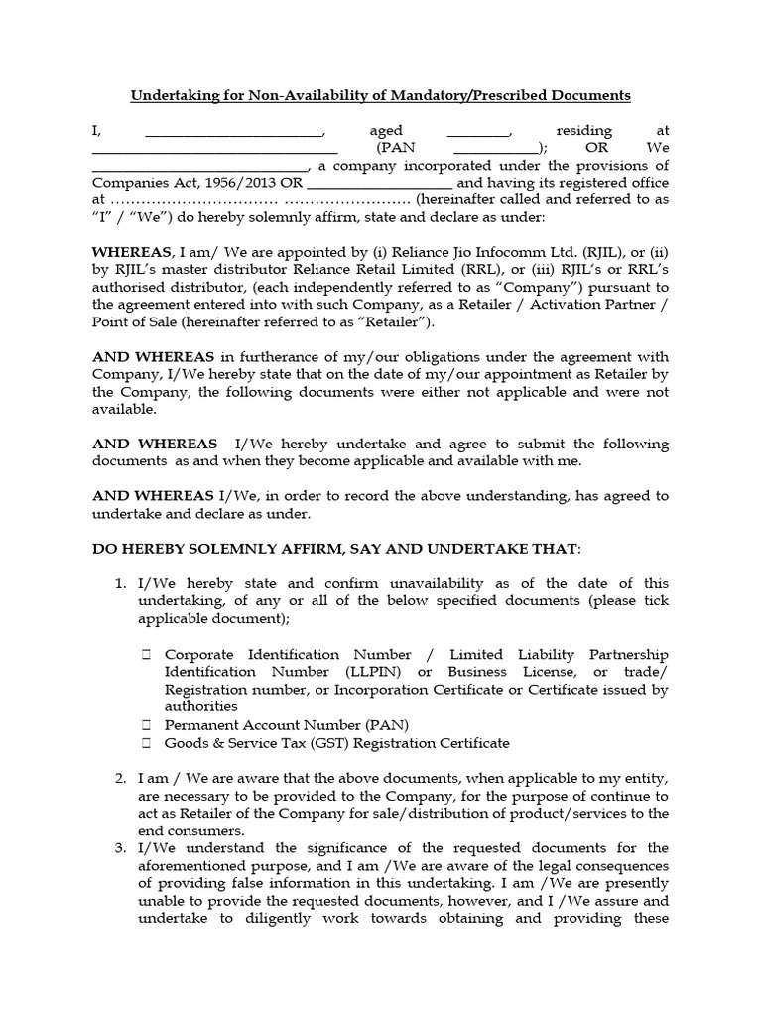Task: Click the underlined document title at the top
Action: pos(381,95)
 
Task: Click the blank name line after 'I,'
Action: pos(234,133)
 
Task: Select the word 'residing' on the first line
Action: pos(584,131)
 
